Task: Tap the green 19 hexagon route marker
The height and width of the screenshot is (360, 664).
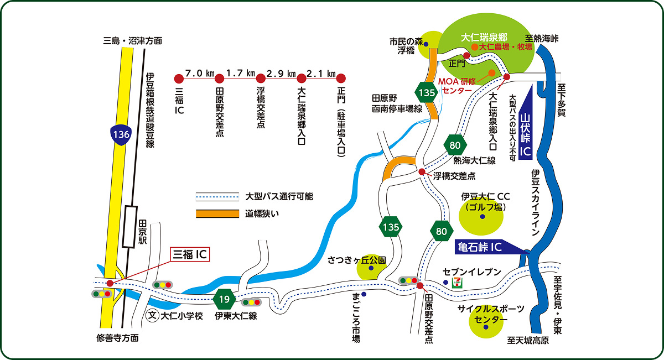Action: pos(224,300)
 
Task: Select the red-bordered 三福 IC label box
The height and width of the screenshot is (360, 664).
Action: pos(190,254)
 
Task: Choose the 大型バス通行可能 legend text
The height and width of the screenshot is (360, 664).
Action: pos(279,196)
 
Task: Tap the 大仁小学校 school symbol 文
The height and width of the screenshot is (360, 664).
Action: pos(153,316)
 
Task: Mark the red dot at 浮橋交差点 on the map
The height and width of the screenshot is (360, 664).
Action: pos(422,171)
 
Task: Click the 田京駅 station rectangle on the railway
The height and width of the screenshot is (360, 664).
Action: pos(131,226)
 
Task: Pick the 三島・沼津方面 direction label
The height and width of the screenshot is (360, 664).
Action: pos(133,40)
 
